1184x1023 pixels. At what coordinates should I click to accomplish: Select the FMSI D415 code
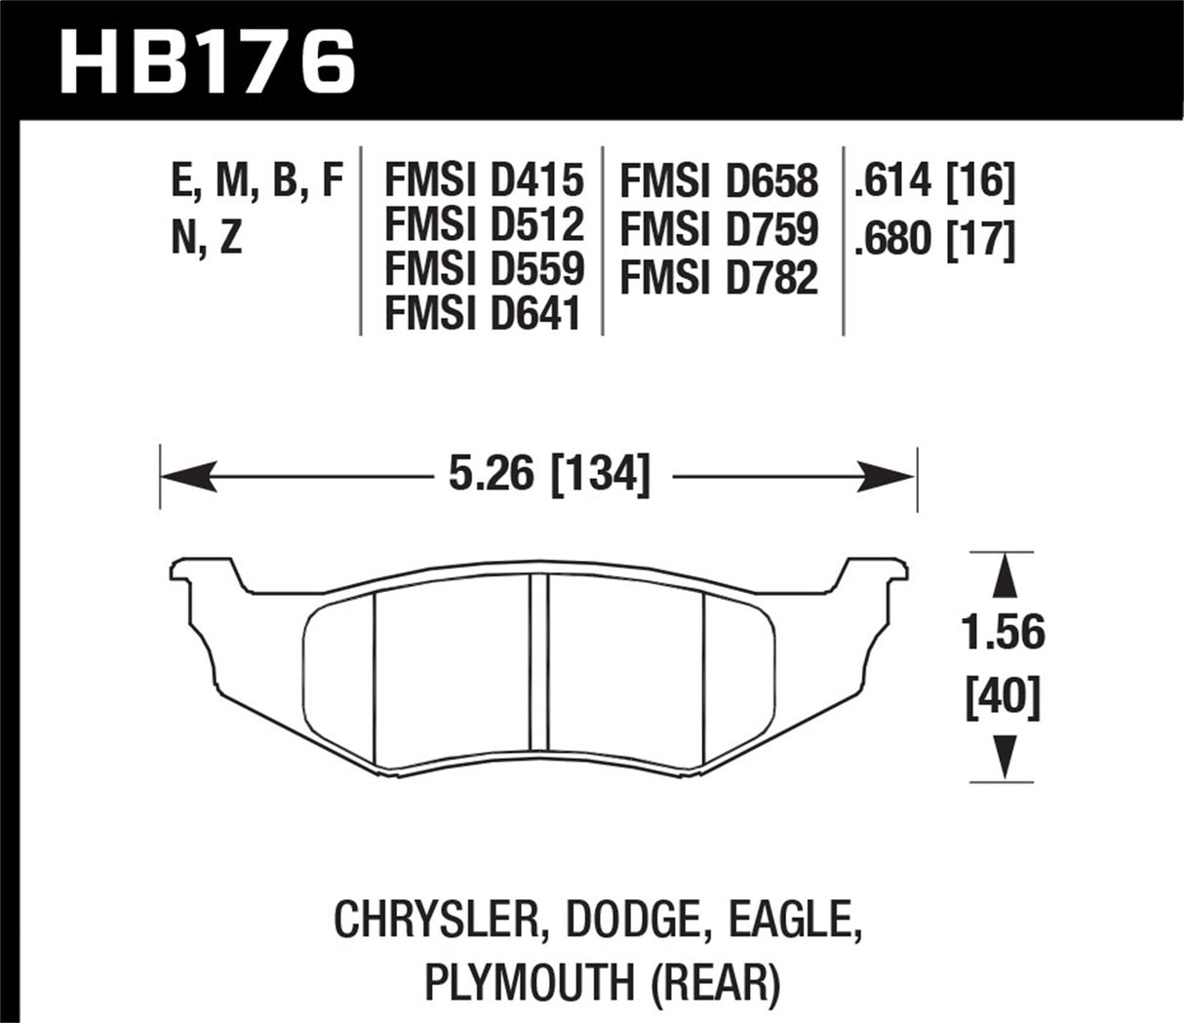point(484,180)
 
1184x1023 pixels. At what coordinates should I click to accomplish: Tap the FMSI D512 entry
point(484,225)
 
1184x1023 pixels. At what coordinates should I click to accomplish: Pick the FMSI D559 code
point(484,269)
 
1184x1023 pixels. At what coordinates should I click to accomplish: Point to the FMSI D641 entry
point(484,313)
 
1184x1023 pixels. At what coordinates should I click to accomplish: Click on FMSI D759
point(719,230)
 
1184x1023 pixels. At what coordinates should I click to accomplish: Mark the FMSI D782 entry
point(719,278)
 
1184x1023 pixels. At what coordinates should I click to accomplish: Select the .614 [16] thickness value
point(933,182)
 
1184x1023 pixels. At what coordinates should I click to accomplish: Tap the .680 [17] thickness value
point(933,239)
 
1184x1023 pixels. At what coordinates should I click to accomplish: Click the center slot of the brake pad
point(538,663)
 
